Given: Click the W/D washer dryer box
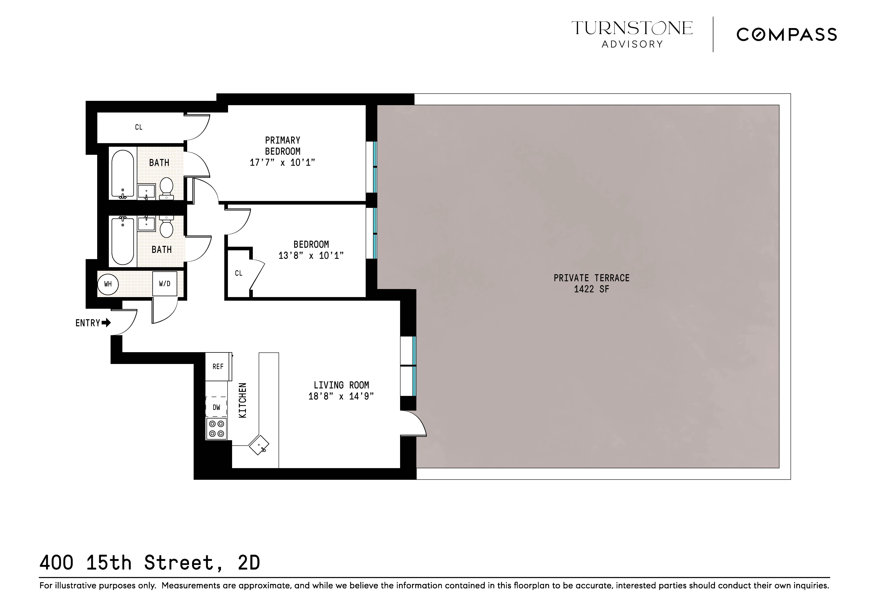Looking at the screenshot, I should (x=165, y=284).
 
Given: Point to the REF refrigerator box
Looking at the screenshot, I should (x=218, y=367).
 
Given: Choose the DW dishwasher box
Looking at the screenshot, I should (x=216, y=407).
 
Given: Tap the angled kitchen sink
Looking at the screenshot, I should (x=259, y=445).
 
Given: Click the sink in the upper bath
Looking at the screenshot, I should (x=146, y=191).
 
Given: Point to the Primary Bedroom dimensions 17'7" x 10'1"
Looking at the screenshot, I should (x=282, y=163).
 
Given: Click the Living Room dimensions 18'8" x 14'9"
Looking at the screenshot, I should (x=341, y=396).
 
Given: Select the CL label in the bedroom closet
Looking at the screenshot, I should (x=238, y=273).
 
